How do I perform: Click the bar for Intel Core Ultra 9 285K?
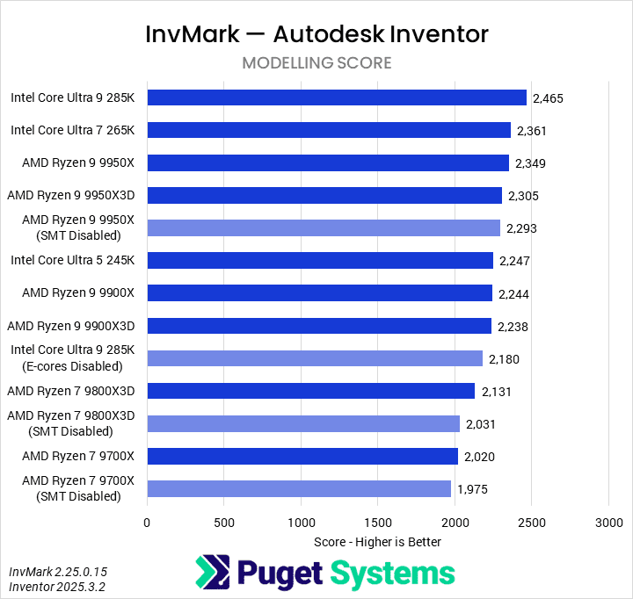pos(336,97)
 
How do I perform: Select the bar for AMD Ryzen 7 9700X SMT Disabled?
pos(299,489)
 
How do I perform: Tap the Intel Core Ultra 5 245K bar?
pos(320,261)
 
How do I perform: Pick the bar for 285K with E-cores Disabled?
pos(315,358)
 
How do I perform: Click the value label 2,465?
pos(548,98)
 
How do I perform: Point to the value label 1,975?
pos(472,489)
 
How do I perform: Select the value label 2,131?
pos(496,392)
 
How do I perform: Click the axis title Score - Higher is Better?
pos(377,542)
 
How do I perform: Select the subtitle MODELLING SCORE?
pos(316,63)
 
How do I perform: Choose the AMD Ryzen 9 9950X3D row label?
pos(76,195)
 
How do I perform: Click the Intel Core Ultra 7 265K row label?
pos(72,130)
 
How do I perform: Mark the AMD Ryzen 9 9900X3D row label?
pos(76,326)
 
